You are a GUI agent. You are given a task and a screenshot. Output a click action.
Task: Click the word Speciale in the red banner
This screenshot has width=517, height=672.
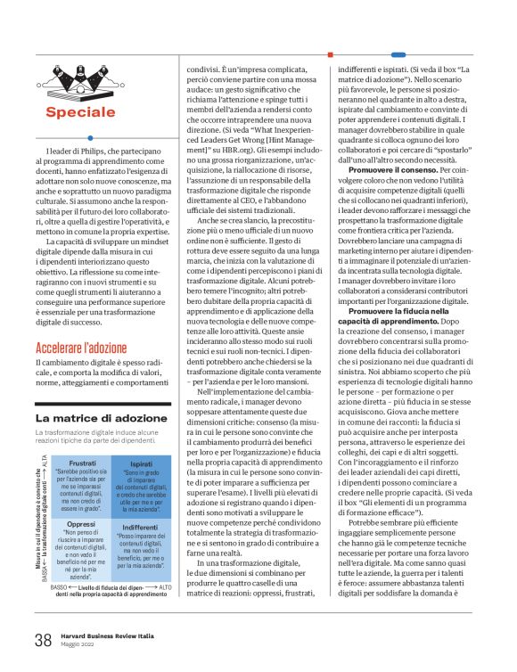pos(81,112)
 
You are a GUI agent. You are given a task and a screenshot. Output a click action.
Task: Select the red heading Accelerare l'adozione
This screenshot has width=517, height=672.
pos(82,348)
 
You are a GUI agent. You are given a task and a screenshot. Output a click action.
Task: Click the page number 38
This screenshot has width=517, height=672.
pos(43,639)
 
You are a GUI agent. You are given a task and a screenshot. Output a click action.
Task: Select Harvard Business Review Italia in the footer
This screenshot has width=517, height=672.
pos(107,635)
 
